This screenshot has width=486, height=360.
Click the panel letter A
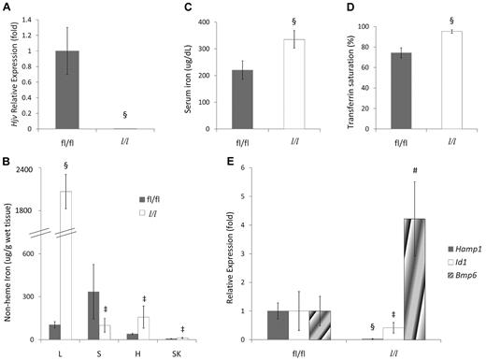8,7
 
